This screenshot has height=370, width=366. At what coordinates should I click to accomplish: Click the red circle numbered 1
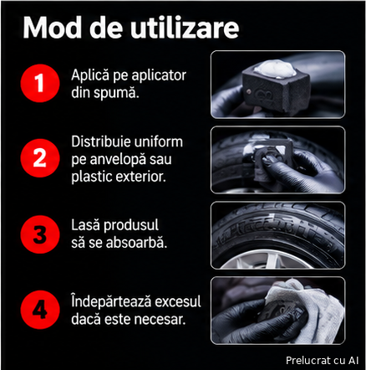click(x=40, y=83)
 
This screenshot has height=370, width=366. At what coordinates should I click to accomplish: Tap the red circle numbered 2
click(x=40, y=158)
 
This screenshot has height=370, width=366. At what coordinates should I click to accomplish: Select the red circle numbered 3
click(x=40, y=234)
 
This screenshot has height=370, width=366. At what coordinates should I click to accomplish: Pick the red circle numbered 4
click(x=40, y=310)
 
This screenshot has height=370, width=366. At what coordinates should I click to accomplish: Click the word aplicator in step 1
click(x=159, y=75)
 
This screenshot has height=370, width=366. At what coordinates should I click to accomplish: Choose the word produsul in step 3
click(x=131, y=226)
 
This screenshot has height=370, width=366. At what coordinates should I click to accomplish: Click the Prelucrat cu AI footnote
click(x=322, y=360)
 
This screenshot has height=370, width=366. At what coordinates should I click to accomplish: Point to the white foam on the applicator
click(x=275, y=68)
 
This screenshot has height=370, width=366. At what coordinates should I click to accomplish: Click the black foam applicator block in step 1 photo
click(x=276, y=89)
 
